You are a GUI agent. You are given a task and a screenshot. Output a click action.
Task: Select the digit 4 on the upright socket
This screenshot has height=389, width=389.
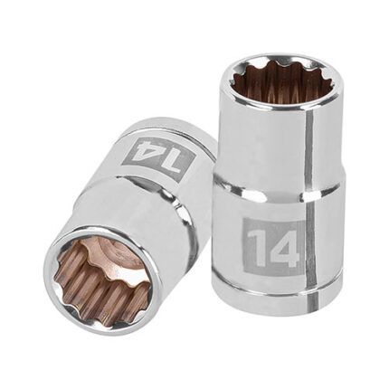(x=281, y=245)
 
